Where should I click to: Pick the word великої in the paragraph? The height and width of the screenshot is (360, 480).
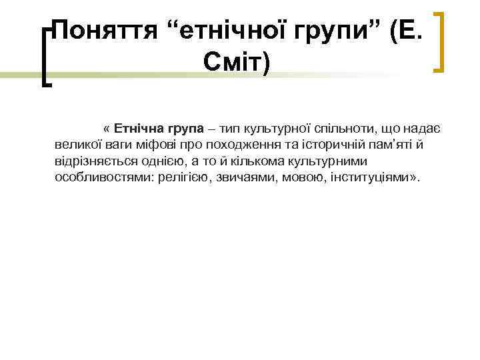75,145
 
